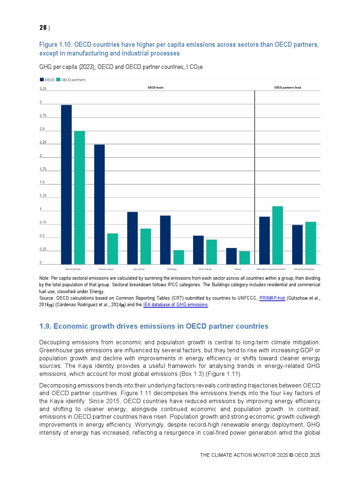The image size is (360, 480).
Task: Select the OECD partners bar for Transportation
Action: point(112,249)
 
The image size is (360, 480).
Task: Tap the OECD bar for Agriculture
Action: point(132,238)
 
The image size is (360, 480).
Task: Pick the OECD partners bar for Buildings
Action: point(179,257)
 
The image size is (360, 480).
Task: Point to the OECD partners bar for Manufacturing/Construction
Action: point(278,235)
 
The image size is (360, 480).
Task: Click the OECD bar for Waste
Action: point(231,256)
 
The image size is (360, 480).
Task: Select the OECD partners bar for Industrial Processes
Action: point(311,243)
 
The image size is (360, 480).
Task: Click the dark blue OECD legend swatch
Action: point(42,80)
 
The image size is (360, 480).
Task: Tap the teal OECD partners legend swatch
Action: point(58,80)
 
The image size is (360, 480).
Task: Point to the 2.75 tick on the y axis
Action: point(43,115)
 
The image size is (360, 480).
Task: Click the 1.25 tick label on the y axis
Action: point(43,196)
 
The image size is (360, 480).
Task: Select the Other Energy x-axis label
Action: point(205,269)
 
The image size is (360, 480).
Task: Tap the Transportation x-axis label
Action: point(106,269)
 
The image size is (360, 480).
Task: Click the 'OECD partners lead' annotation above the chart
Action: point(287,87)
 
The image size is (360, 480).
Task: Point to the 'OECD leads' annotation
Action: point(156,87)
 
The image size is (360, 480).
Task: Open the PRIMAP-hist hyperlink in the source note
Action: point(272,298)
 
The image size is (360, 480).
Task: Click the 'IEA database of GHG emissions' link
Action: point(175,305)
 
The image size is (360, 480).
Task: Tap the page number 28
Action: point(43,28)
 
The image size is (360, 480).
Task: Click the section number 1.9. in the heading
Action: point(45,326)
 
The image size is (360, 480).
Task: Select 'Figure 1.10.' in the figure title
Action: point(56,45)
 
